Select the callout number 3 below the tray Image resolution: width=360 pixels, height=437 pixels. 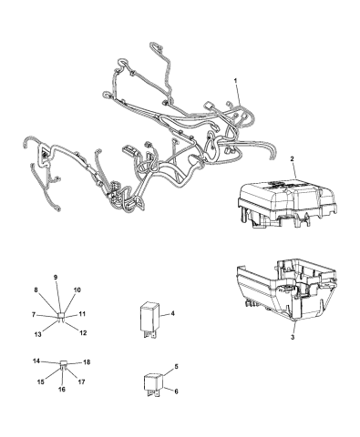point(293,337)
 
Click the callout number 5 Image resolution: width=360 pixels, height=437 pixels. point(177,366)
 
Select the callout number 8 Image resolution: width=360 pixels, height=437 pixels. point(36,290)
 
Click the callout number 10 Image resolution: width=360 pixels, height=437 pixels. point(77,290)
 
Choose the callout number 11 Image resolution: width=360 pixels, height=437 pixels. point(82,314)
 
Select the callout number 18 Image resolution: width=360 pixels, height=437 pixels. point(87,362)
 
